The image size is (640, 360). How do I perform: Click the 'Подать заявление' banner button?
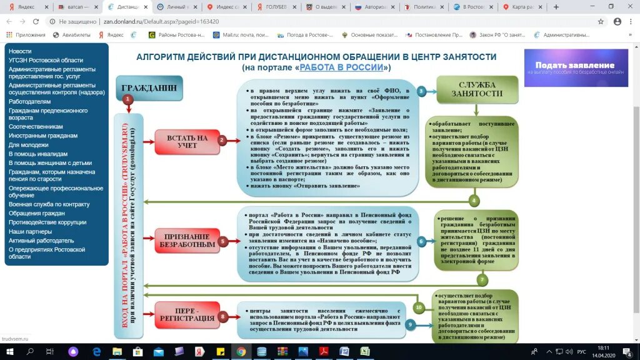574,68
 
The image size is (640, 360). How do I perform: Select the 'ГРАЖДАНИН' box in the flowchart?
149,88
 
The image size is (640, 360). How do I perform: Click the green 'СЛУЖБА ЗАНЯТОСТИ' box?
477,89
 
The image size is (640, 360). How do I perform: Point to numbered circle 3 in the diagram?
422,91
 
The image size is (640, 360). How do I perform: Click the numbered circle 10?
419,307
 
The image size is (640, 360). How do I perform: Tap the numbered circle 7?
482,279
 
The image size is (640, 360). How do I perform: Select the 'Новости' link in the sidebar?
20,51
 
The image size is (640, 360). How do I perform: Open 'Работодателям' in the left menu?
30,101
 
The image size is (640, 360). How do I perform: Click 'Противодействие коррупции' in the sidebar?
47,222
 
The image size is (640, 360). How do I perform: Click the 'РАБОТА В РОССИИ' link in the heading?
342,67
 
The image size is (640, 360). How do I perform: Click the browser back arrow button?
9,21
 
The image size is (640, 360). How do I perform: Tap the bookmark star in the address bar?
601,21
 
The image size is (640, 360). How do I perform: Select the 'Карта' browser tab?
521,7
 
